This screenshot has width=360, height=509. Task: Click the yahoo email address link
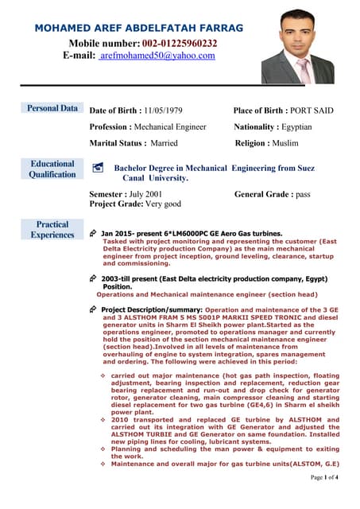click(x=157, y=56)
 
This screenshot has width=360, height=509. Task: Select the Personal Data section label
click(x=52, y=108)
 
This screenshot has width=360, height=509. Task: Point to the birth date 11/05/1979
click(x=163, y=111)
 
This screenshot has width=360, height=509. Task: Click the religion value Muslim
click(x=283, y=143)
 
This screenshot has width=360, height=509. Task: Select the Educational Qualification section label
click(x=52, y=169)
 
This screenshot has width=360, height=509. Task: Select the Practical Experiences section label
click(x=52, y=229)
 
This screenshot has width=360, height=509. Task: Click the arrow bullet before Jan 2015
click(x=93, y=234)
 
